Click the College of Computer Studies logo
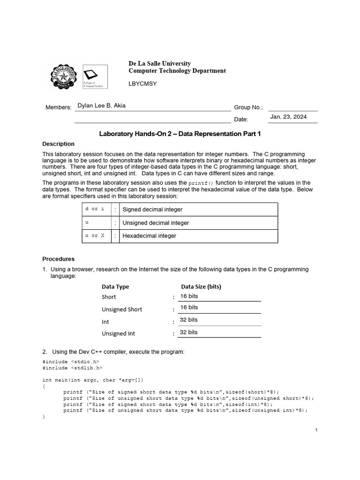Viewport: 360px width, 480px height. click(95, 76)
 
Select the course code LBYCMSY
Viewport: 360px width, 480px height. click(142, 83)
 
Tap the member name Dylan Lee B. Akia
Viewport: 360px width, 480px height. click(101, 106)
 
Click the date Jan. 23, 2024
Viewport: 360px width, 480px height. click(288, 117)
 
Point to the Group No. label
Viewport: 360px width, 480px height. click(248, 107)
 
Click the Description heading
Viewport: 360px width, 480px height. click(58, 144)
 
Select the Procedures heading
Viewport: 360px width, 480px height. click(58, 259)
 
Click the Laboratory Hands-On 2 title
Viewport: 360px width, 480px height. click(180, 134)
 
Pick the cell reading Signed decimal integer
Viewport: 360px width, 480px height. click(152, 210)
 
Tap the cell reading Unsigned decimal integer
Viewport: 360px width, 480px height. click(156, 223)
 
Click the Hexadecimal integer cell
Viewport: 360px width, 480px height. click(149, 236)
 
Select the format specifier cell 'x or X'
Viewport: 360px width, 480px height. click(95, 236)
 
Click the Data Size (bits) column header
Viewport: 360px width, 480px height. click(201, 286)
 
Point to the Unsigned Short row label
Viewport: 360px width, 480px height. click(122, 309)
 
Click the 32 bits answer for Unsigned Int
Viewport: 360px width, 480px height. click(189, 332)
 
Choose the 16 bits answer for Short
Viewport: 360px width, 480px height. click(189, 296)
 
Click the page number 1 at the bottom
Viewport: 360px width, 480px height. click(316, 430)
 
